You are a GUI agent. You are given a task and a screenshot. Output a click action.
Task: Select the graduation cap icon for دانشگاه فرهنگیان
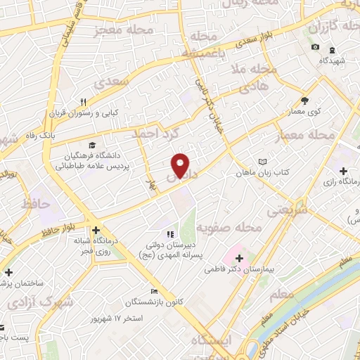click(85, 143)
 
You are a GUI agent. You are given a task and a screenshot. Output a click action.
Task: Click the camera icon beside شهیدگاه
click(315, 48)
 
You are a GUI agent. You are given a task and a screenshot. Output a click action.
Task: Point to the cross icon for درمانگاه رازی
click(342, 171)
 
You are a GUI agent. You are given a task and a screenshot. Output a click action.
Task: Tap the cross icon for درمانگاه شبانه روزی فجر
click(95, 229)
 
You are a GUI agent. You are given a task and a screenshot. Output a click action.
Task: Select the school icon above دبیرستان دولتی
click(169, 233)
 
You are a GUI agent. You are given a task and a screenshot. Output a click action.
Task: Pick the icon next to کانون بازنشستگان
click(154, 292)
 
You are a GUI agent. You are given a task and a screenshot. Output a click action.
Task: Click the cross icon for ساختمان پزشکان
click(8, 272)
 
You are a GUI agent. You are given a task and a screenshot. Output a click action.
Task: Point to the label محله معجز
click(122, 31)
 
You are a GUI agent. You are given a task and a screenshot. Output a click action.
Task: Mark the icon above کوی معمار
click(304, 101)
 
